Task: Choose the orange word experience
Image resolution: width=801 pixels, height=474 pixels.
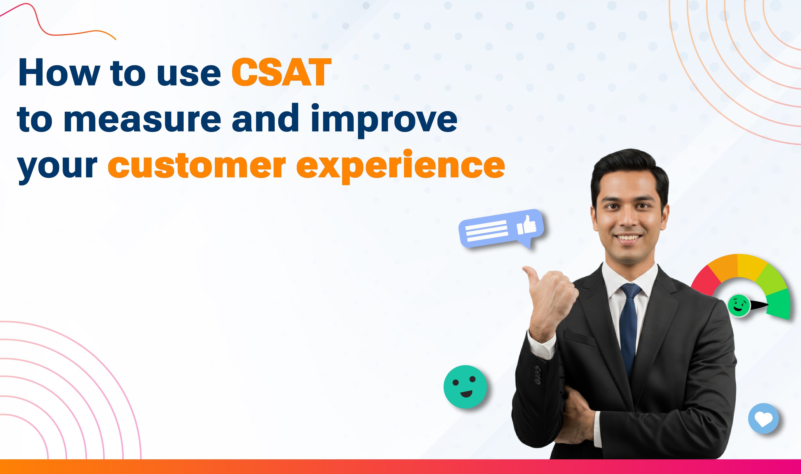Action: click(x=400, y=166)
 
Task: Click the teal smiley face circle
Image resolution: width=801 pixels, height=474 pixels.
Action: click(x=465, y=387)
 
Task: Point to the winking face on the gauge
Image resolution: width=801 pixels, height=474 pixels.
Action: click(x=738, y=305)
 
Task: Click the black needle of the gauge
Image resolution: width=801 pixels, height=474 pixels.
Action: click(x=759, y=305)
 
